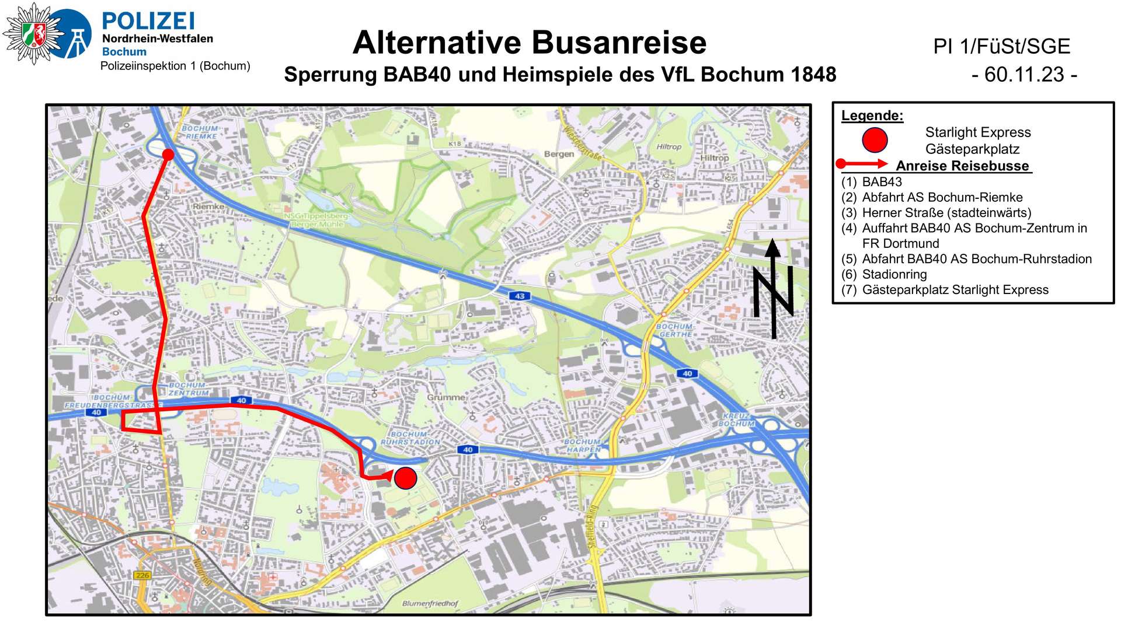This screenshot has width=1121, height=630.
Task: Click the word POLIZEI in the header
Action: tap(148, 22)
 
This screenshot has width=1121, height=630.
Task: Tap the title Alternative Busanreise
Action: tap(530, 43)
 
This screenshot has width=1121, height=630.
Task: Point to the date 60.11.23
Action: tap(1024, 75)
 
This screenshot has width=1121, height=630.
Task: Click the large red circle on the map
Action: tap(405, 478)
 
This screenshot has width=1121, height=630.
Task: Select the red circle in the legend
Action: tap(875, 140)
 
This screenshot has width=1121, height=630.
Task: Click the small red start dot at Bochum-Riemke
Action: tap(168, 155)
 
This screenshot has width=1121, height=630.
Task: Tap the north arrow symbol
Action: tap(773, 289)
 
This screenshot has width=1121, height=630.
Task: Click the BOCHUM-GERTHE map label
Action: tap(676, 330)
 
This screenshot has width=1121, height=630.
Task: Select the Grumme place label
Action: tap(446, 397)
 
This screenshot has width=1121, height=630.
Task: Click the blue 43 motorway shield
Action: tap(520, 296)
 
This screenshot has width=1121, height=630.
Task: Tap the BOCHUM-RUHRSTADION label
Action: tap(410, 438)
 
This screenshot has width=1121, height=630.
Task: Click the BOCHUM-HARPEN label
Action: tap(583, 446)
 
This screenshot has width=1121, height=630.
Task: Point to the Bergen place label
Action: tap(559, 154)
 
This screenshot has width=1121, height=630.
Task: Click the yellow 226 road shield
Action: tap(142, 575)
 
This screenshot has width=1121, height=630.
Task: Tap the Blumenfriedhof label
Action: tap(430, 603)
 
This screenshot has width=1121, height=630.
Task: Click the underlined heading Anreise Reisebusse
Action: tap(962, 166)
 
